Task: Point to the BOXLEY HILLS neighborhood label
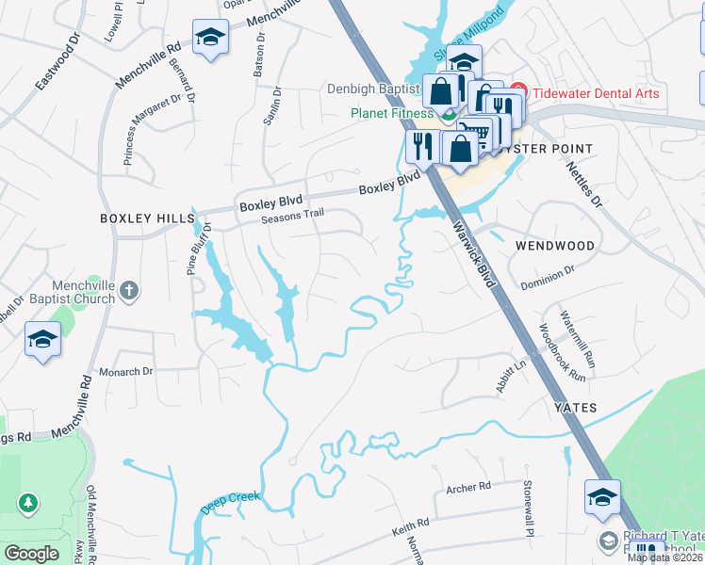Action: click(x=147, y=218)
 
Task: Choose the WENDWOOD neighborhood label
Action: click(x=555, y=246)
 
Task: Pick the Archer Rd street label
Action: click(x=468, y=488)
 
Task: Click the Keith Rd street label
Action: click(x=410, y=525)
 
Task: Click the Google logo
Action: click(x=31, y=553)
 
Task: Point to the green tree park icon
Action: click(x=28, y=504)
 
